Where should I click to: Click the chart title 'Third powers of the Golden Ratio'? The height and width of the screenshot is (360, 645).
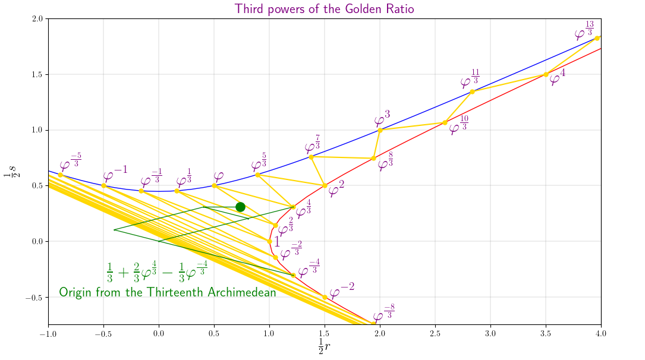[324, 9]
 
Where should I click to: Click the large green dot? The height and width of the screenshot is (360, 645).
[240, 207]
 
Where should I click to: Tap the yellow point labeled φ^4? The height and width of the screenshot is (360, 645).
[546, 74]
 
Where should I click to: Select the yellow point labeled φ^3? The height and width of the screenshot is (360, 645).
[380, 130]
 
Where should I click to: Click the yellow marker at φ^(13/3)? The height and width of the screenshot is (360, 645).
[597, 38]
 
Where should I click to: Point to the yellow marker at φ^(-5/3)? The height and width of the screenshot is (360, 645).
[60, 175]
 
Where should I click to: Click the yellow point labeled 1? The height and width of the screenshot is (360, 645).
[269, 241]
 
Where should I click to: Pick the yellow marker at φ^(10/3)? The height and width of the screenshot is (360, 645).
[445, 122]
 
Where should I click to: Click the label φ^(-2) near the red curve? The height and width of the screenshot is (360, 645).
[342, 290]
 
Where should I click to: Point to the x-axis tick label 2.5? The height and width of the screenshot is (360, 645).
[435, 334]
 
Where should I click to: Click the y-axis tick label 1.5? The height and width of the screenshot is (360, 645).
[36, 74]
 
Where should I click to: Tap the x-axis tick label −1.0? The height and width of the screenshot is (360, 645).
[48, 334]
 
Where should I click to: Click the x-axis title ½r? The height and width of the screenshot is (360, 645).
[324, 346]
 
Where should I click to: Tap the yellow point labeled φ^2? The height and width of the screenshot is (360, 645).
[325, 185]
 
